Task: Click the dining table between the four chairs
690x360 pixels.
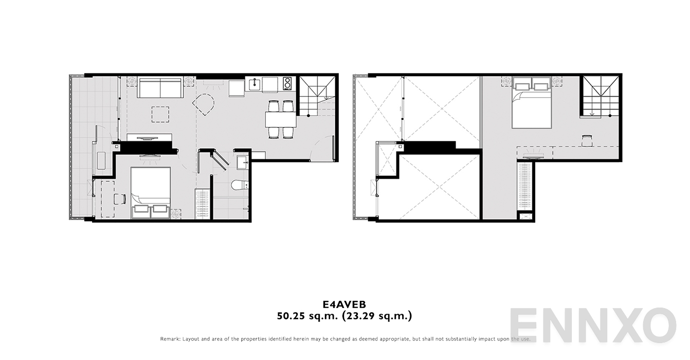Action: (281, 119)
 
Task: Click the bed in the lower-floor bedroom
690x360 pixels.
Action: (150, 191)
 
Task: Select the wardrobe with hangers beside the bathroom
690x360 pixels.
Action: (203, 204)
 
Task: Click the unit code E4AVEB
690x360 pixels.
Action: (344, 303)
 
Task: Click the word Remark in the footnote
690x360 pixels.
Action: (171, 339)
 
